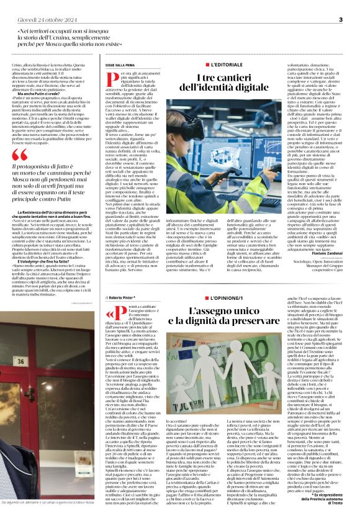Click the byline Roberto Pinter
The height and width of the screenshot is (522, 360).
[122, 297]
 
